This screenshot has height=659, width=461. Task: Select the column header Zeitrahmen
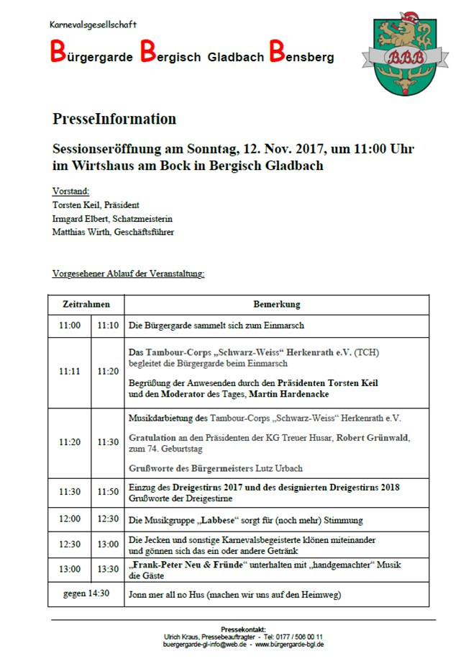tap(86, 305)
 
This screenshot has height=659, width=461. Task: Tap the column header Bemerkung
tap(276, 305)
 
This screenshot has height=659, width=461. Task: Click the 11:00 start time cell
tap(70, 326)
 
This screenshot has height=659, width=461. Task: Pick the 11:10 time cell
tap(108, 326)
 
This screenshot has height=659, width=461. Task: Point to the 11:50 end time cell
tap(108, 492)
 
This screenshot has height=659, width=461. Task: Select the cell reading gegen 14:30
tap(86, 594)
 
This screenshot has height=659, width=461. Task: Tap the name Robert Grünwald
tap(383, 437)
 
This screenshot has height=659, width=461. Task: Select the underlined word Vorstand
tap(70, 192)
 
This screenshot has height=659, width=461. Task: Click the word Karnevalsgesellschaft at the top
tap(93, 24)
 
